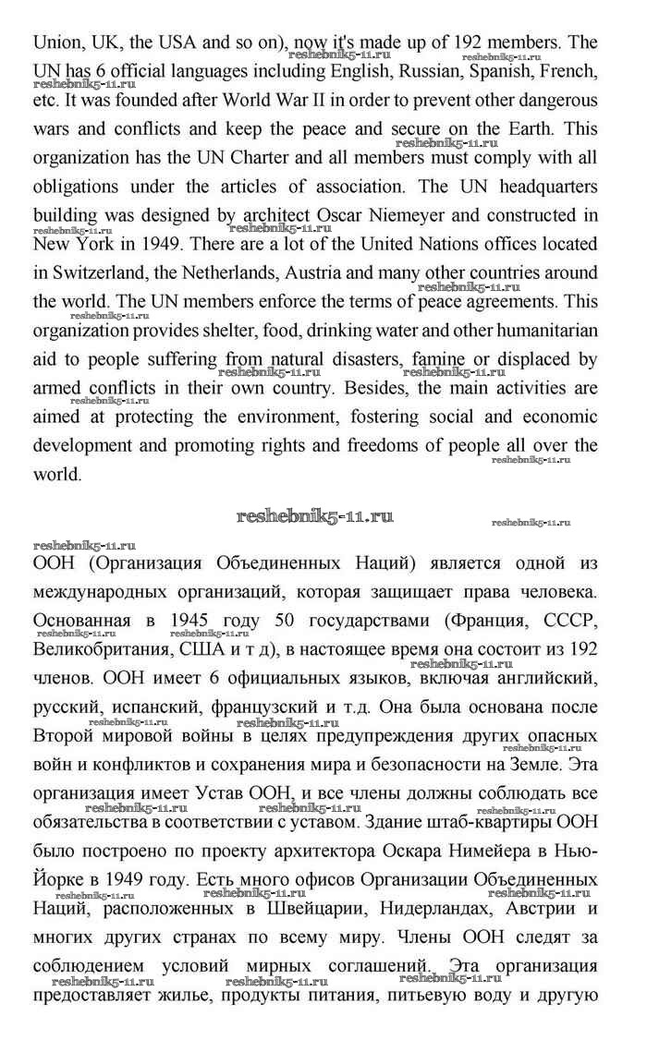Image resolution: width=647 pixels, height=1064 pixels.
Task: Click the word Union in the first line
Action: (55, 42)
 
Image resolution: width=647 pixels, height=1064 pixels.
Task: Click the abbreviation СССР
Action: (565, 618)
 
